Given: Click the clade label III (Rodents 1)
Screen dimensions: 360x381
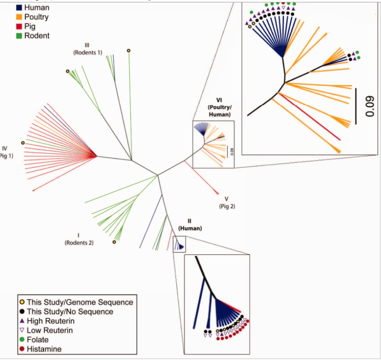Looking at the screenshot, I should (87, 49).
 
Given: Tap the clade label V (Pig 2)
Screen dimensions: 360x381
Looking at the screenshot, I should (226, 202).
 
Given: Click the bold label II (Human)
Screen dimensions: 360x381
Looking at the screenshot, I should (190, 224).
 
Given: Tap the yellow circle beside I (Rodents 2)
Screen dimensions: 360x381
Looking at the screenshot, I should (114, 242).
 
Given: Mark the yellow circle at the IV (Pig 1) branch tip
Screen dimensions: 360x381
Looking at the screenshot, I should (23, 142).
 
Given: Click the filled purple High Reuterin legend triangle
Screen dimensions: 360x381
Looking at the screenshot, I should (22, 321).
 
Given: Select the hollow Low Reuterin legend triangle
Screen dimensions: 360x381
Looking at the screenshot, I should (22, 330).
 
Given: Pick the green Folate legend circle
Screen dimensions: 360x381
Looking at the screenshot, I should (22, 339).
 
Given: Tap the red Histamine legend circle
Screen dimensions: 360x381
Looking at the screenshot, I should (22, 349).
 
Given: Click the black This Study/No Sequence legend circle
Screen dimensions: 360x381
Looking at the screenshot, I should (22, 311).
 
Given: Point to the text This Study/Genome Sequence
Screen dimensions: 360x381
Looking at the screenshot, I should (80, 302).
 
